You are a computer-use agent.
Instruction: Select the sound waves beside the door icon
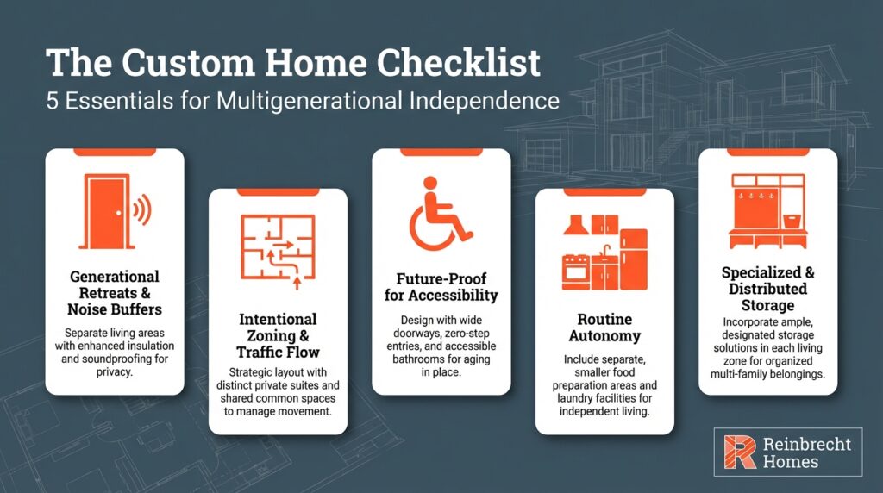(140, 209)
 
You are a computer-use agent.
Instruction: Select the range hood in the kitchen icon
(575, 226)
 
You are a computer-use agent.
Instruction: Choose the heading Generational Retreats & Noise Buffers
(115, 293)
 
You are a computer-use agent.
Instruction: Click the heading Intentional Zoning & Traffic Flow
(278, 335)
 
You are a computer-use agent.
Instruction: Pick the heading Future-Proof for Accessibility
(441, 287)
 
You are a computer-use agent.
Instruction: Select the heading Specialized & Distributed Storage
(767, 289)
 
